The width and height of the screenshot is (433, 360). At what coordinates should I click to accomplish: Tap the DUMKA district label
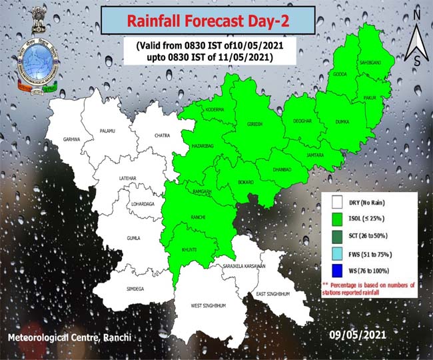click(x=342, y=122)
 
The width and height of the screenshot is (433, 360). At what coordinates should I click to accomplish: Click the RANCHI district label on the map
click(x=198, y=217)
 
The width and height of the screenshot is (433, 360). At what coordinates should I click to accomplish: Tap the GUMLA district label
click(x=134, y=237)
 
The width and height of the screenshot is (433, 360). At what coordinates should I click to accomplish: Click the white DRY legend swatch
click(x=336, y=201)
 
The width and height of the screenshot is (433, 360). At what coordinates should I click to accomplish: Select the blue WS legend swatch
click(x=336, y=271)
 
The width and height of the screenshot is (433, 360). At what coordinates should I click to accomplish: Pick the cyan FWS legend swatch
click(x=336, y=254)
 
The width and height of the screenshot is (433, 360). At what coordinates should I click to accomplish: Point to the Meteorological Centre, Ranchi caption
click(x=70, y=338)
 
